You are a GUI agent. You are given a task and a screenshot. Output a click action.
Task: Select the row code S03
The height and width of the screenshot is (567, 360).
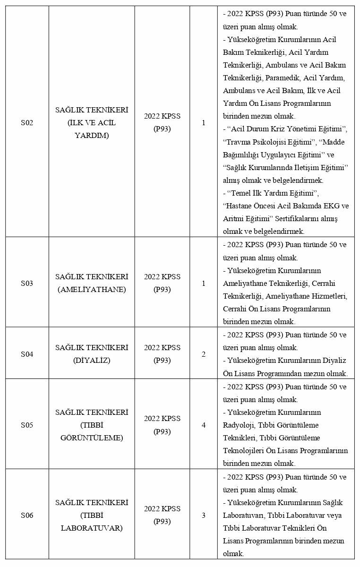point(27,283)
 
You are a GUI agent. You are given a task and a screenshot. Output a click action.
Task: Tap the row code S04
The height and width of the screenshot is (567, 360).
point(27,354)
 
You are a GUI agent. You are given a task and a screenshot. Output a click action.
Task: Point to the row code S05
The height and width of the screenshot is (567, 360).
point(27,425)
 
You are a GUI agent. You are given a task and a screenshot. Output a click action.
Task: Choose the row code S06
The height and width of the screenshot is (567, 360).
point(27,515)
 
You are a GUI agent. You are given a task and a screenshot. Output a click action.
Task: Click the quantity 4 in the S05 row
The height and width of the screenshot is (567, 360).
point(204,425)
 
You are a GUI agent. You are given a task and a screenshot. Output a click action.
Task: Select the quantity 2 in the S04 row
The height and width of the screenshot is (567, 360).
point(204,354)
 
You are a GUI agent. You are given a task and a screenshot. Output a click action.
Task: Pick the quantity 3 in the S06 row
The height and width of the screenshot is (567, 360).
point(204,515)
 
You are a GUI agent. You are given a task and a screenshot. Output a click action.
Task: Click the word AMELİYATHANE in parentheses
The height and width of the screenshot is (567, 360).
point(92,290)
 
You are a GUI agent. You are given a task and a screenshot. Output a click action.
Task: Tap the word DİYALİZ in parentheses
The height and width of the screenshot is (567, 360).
point(92,361)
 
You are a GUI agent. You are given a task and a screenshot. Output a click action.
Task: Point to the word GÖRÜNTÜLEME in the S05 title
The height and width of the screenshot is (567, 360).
point(92,438)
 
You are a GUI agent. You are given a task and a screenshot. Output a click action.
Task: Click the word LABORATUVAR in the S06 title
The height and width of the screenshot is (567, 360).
point(92,528)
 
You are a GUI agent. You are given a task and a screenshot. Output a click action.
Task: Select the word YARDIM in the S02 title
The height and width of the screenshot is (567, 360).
point(92,136)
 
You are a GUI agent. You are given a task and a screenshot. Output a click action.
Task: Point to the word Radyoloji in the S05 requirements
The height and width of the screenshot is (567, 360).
point(239,425)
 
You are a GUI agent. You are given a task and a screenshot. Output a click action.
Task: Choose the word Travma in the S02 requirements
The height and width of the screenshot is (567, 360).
point(240,142)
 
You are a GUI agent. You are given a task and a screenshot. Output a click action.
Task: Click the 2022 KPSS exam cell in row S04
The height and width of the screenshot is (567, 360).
point(162,354)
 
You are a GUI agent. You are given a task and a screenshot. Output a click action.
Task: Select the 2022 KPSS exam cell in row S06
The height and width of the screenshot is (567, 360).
point(162,515)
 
